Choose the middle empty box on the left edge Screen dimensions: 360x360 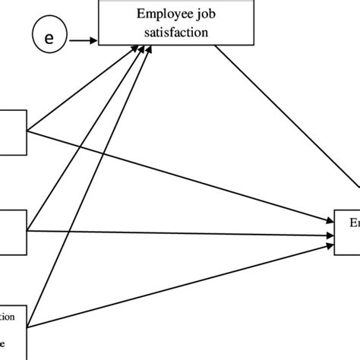click(13, 226)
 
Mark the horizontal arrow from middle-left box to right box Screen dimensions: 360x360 click(182, 235)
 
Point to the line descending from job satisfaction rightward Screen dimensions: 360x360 click(289, 122)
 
